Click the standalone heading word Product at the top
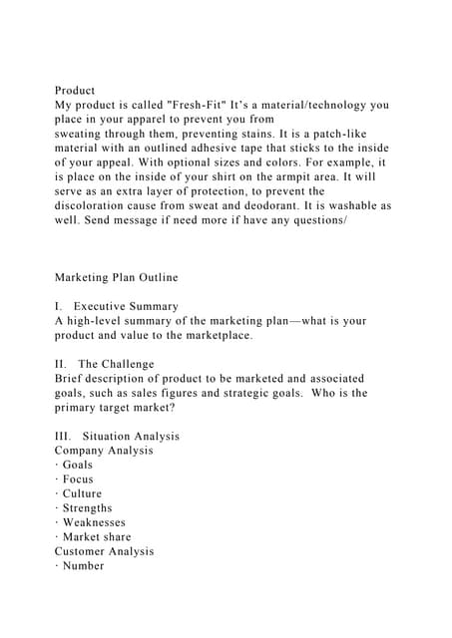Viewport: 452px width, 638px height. point(75,91)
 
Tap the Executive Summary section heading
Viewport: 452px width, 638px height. point(127,306)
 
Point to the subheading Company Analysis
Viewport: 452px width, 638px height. point(104,451)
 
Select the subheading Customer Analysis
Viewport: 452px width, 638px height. point(105,551)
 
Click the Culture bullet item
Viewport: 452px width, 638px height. point(82,493)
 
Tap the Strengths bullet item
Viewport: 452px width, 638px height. point(88,507)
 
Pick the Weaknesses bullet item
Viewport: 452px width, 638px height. point(95,522)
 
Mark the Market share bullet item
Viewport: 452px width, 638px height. point(97,536)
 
